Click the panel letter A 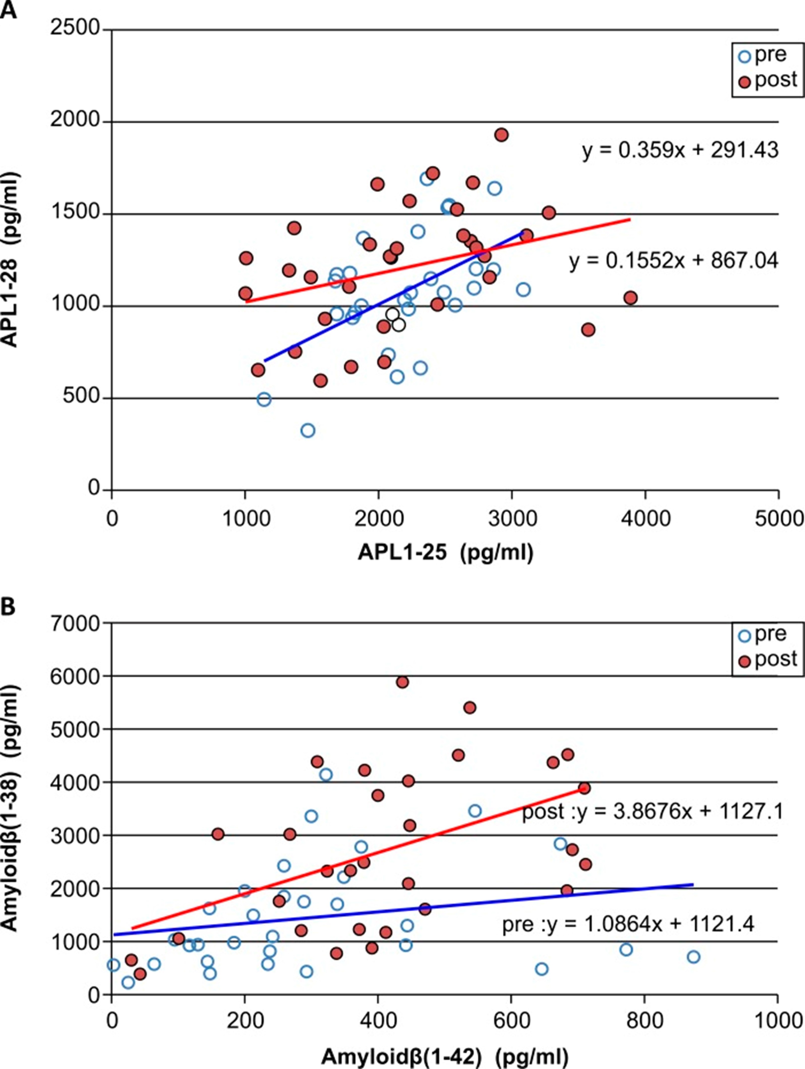tap(9, 10)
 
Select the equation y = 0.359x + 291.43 tap(680, 151)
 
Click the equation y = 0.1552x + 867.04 tap(674, 261)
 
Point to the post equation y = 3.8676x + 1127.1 tap(652, 812)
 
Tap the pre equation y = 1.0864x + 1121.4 tap(628, 925)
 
